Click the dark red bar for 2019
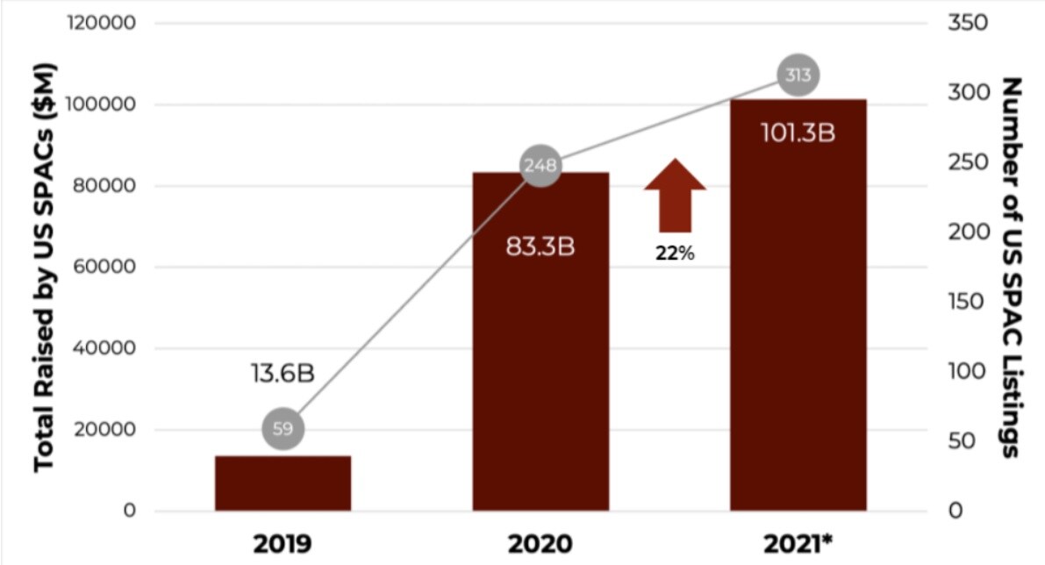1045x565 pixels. [283, 483]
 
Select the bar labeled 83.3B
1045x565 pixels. [540, 351]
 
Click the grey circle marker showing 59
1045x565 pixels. [283, 429]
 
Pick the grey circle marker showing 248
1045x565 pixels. [540, 165]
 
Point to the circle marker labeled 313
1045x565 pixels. [798, 75]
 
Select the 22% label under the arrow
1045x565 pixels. [675, 254]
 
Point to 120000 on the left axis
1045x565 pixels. [100, 23]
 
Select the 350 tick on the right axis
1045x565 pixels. [968, 23]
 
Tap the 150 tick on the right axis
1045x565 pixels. [968, 302]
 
